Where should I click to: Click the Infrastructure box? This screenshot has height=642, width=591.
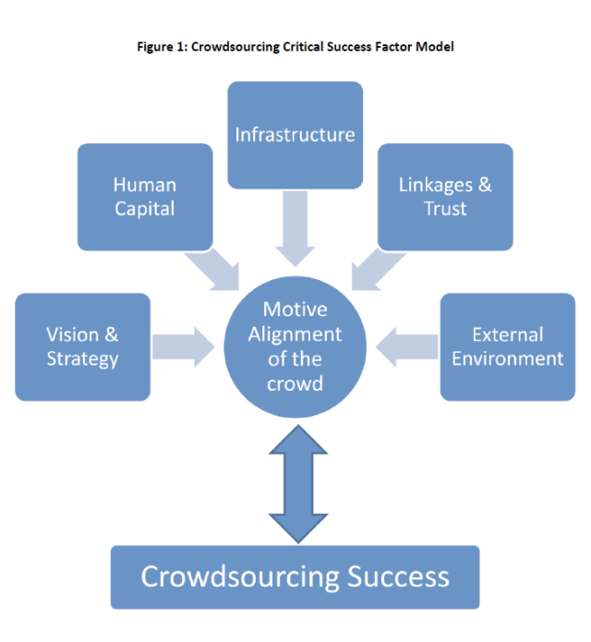(x=295, y=135)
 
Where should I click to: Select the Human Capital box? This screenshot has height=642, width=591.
(x=145, y=196)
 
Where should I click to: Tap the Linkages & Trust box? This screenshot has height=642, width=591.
(x=445, y=196)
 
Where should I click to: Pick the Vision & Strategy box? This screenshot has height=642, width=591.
(x=82, y=346)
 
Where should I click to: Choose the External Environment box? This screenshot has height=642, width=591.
(x=507, y=346)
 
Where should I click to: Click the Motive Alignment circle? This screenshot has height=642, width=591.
(x=295, y=345)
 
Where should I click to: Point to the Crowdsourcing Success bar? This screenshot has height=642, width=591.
(x=295, y=577)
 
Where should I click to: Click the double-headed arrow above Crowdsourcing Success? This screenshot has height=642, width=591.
(x=295, y=485)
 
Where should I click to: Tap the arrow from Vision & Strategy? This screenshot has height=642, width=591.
(x=184, y=346)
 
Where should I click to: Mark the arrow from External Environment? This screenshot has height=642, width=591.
(x=406, y=346)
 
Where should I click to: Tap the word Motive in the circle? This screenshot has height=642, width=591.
(x=295, y=309)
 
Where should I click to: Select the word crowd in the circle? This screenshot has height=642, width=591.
(x=295, y=382)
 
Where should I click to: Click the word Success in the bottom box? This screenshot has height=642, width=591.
(x=399, y=577)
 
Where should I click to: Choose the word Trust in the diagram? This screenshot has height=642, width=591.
(x=445, y=208)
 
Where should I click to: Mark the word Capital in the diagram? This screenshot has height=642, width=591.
(x=145, y=208)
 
